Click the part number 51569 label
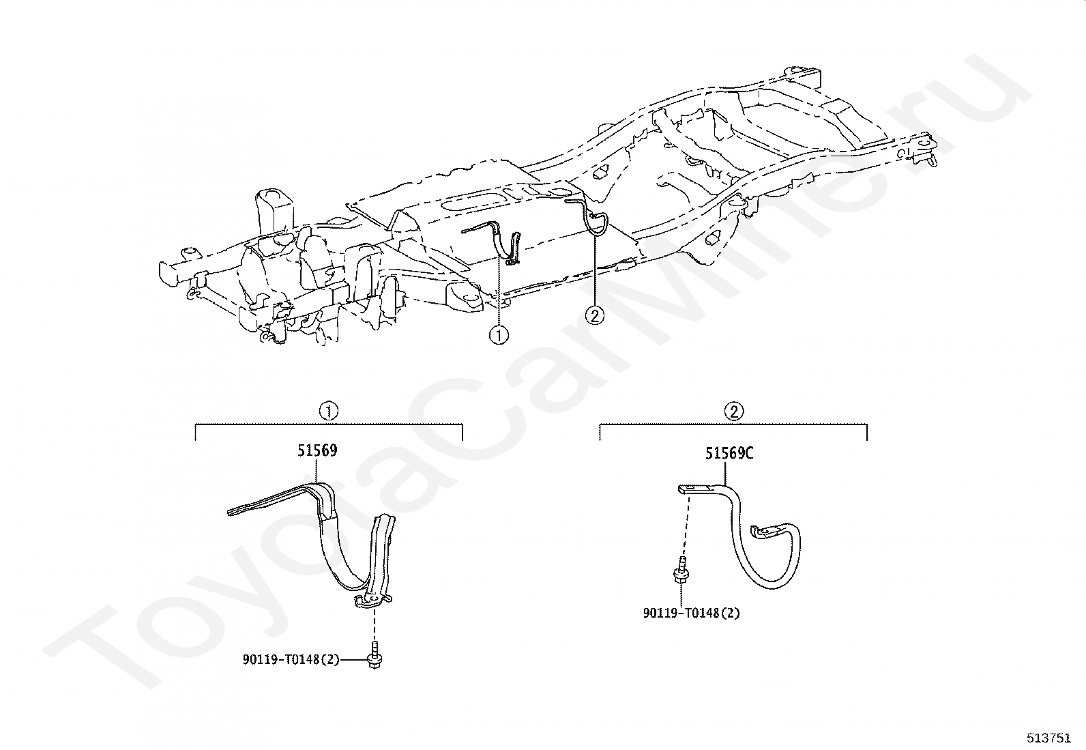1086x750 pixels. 317,451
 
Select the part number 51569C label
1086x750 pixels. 729,454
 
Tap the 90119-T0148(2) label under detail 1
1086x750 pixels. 291,660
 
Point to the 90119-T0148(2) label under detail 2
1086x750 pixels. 691,613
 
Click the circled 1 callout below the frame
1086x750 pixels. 500,336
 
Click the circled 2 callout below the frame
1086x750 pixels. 596,315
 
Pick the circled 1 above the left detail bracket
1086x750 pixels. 329,411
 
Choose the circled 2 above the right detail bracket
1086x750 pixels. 734,411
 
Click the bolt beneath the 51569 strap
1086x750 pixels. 375,655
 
